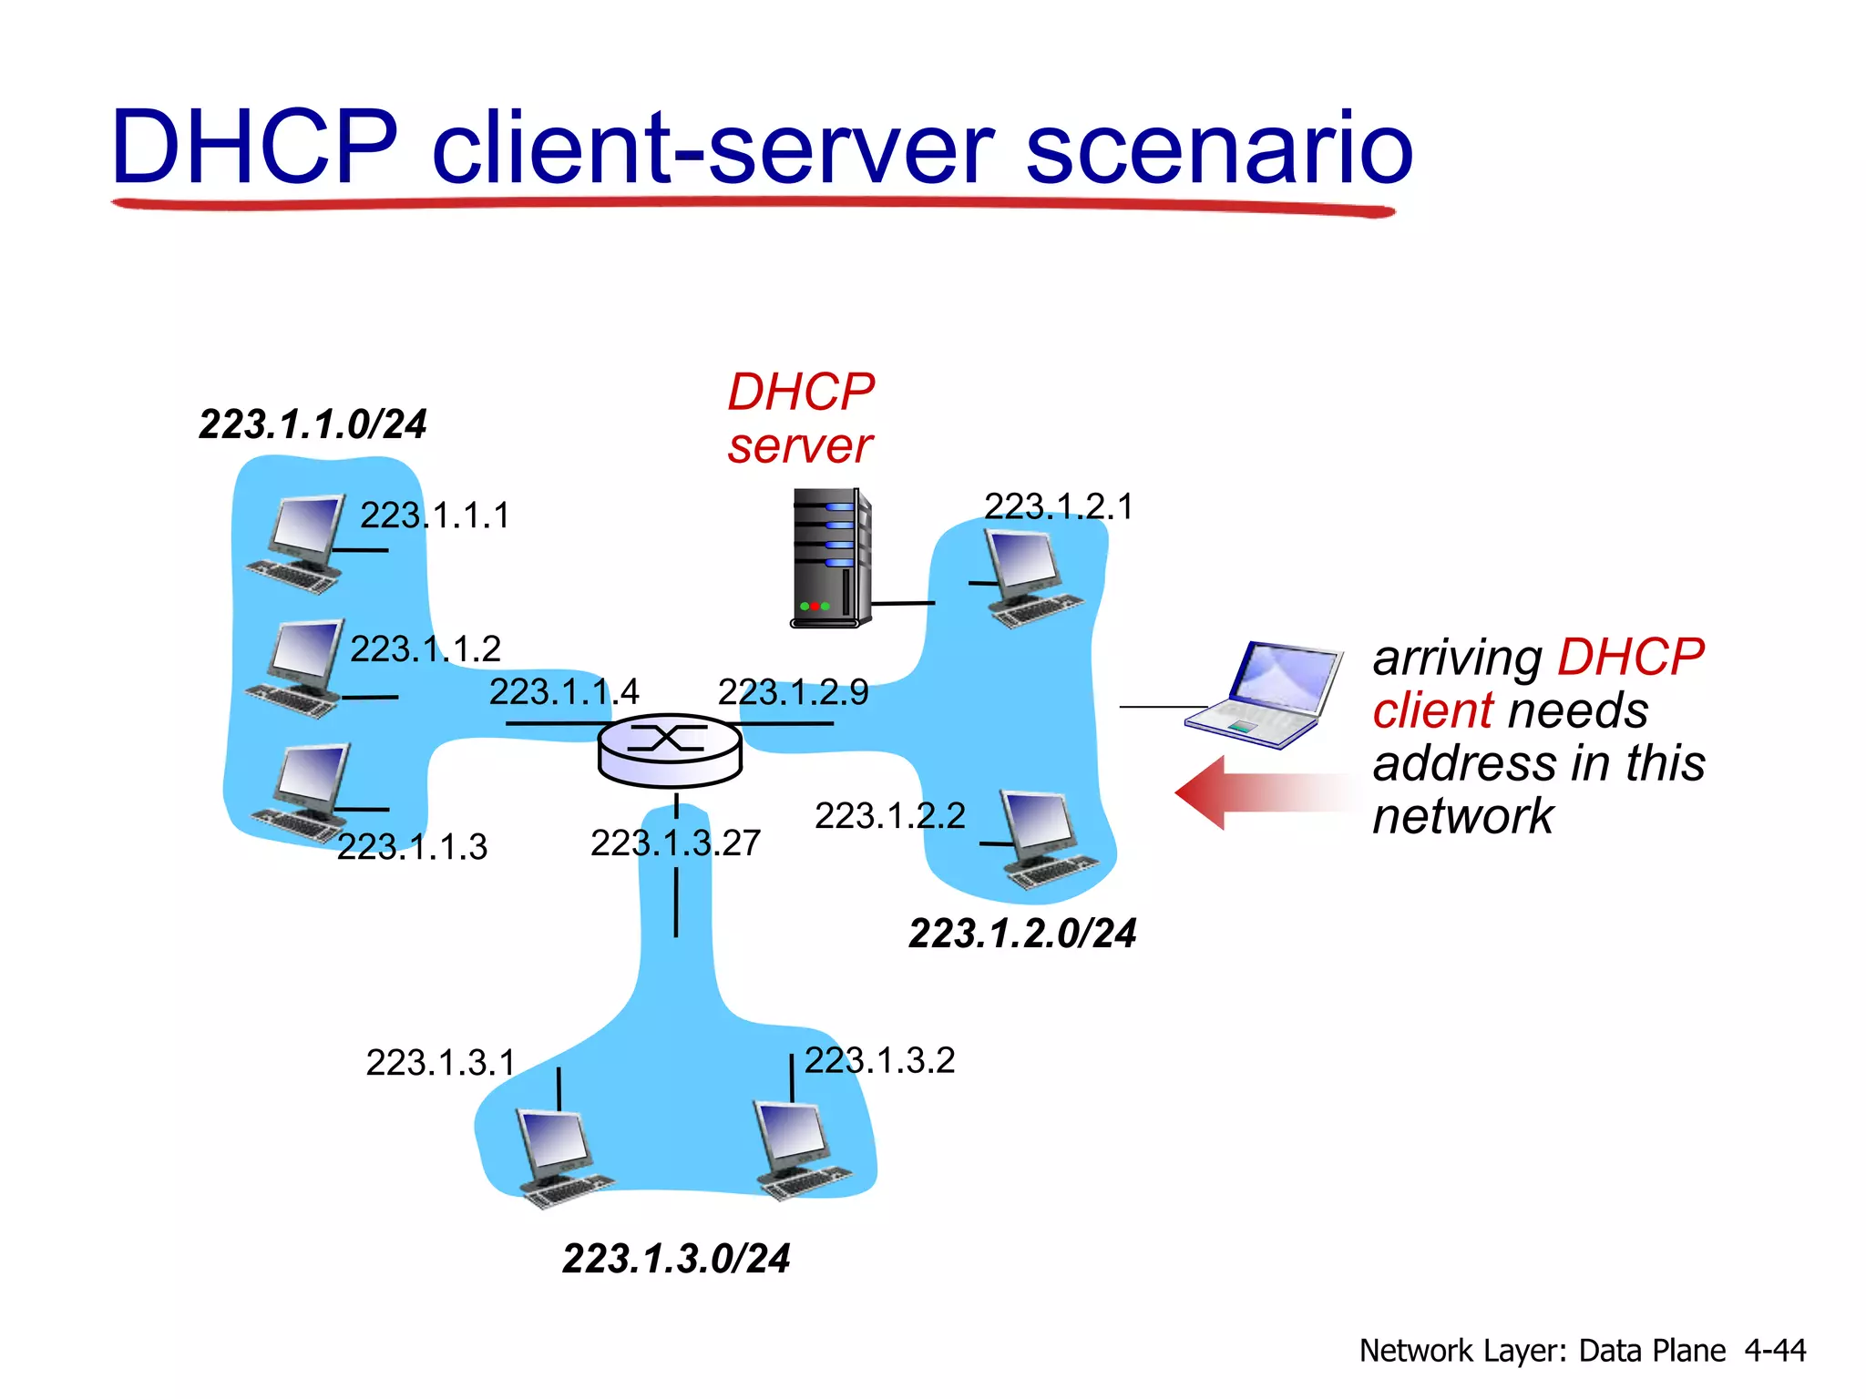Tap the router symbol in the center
coord(670,750)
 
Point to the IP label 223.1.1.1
coord(435,516)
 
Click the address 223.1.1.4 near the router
coord(564,692)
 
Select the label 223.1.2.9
coord(793,693)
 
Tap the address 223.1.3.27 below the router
coord(675,843)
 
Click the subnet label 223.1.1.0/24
coord(313,424)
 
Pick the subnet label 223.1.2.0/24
coord(1022,934)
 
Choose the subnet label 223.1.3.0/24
coord(676,1259)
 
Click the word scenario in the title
coord(1219,148)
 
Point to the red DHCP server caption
coord(800,419)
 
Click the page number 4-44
coord(1775,1350)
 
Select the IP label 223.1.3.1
coord(441,1063)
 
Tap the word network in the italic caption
coord(1463,816)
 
